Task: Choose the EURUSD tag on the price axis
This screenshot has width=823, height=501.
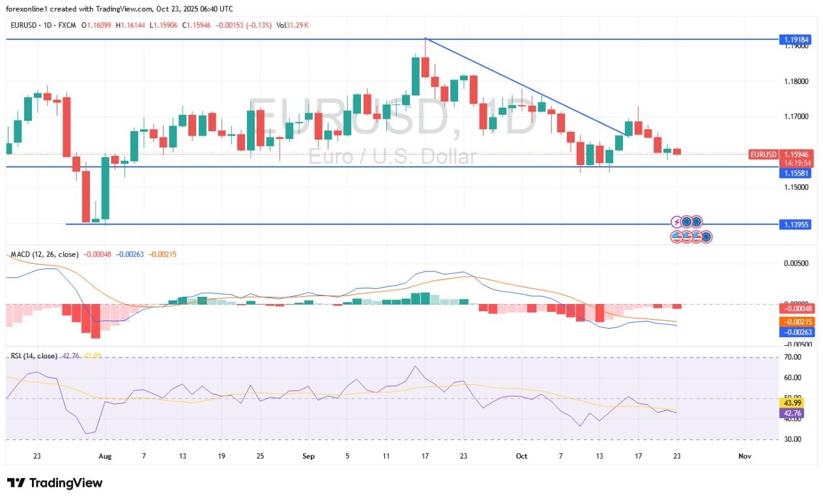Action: pyautogui.click(x=764, y=155)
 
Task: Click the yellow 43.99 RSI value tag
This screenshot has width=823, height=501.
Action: pyautogui.click(x=794, y=402)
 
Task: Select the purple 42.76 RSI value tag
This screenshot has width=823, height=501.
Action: pyautogui.click(x=794, y=413)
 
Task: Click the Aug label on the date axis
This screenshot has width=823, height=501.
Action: pyautogui.click(x=105, y=457)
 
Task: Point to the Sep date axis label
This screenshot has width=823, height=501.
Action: pyautogui.click(x=309, y=457)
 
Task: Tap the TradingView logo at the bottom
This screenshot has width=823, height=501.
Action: pyautogui.click(x=55, y=483)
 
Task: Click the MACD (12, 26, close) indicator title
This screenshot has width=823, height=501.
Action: pyautogui.click(x=44, y=254)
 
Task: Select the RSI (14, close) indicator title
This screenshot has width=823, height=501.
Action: pyautogui.click(x=34, y=356)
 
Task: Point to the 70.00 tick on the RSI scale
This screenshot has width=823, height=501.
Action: pyautogui.click(x=792, y=357)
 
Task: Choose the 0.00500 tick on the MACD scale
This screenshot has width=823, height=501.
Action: pyautogui.click(x=794, y=264)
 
